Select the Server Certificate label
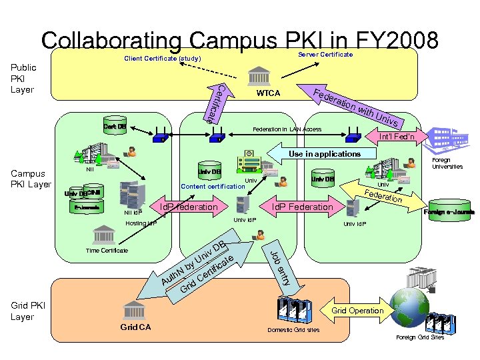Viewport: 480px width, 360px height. [325, 54]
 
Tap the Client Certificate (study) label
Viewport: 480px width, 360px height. [163, 59]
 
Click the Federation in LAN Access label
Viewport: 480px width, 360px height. [287, 129]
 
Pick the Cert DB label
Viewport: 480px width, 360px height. [115, 127]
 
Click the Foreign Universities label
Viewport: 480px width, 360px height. [447, 163]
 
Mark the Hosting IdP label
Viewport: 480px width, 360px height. [141, 223]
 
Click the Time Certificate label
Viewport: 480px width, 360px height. [107, 251]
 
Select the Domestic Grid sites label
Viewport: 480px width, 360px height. [293, 330]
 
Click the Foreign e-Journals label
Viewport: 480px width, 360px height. [449, 213]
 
